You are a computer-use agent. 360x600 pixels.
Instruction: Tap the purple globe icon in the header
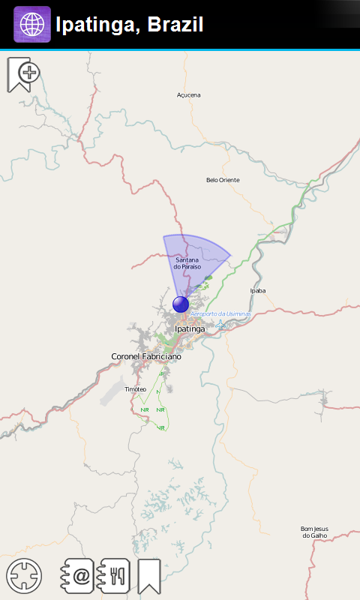[32, 24]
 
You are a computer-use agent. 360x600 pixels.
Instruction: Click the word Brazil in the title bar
[175, 25]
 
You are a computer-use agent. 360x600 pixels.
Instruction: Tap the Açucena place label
[189, 95]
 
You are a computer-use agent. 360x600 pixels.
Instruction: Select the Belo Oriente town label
[223, 180]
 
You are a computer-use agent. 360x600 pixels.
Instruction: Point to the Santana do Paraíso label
[187, 263]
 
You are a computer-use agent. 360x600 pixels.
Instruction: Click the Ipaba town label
[258, 290]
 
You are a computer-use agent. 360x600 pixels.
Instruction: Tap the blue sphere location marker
[181, 304]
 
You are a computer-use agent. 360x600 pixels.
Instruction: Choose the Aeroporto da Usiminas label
[220, 314]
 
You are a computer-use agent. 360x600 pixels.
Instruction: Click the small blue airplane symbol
[220, 325]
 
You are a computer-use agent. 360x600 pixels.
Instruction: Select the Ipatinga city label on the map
[189, 328]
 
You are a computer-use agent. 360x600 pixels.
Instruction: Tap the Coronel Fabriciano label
[146, 356]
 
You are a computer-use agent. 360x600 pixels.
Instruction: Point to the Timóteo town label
[136, 389]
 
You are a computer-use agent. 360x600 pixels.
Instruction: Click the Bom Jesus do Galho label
[314, 532]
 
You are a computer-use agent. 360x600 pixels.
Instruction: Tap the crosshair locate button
[24, 576]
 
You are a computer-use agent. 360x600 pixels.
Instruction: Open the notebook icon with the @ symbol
[78, 576]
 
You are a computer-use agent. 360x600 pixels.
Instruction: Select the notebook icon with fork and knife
[115, 576]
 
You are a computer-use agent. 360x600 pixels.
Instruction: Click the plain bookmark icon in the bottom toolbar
[148, 576]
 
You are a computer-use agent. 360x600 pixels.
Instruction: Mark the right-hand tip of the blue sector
[229, 256]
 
